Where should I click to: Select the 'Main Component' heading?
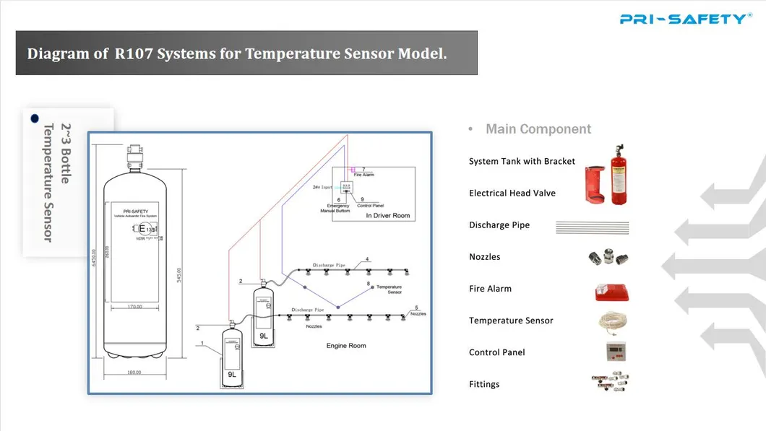[x=538, y=129]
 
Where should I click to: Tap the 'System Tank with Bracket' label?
[x=522, y=161]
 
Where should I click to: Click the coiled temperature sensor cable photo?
[x=613, y=321]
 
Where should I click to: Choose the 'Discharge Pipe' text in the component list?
[x=499, y=225]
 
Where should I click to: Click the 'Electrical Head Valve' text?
[x=512, y=193]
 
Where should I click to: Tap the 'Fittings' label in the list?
[x=484, y=384]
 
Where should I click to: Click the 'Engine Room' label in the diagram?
[x=346, y=346]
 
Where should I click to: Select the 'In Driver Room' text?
[x=387, y=216]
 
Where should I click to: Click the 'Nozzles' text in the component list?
[x=484, y=257]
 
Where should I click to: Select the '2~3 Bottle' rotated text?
[x=64, y=153]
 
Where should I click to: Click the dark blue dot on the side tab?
[x=33, y=117]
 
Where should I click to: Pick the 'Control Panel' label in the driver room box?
[x=370, y=206]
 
